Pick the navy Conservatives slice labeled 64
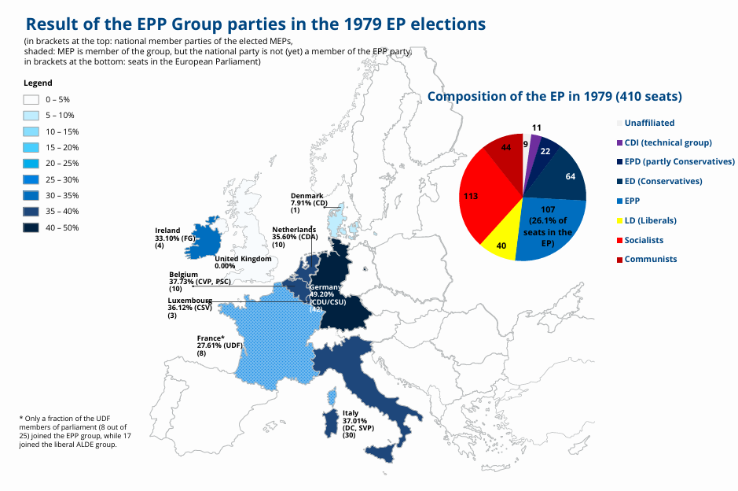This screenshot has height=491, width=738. (564, 175)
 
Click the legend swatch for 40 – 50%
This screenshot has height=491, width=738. (31, 227)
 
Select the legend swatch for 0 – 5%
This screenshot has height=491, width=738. (31, 100)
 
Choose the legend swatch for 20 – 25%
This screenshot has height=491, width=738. (31, 164)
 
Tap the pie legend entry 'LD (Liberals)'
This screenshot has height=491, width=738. (650, 220)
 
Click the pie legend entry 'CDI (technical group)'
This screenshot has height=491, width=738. (667, 142)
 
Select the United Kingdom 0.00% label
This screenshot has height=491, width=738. (243, 263)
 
